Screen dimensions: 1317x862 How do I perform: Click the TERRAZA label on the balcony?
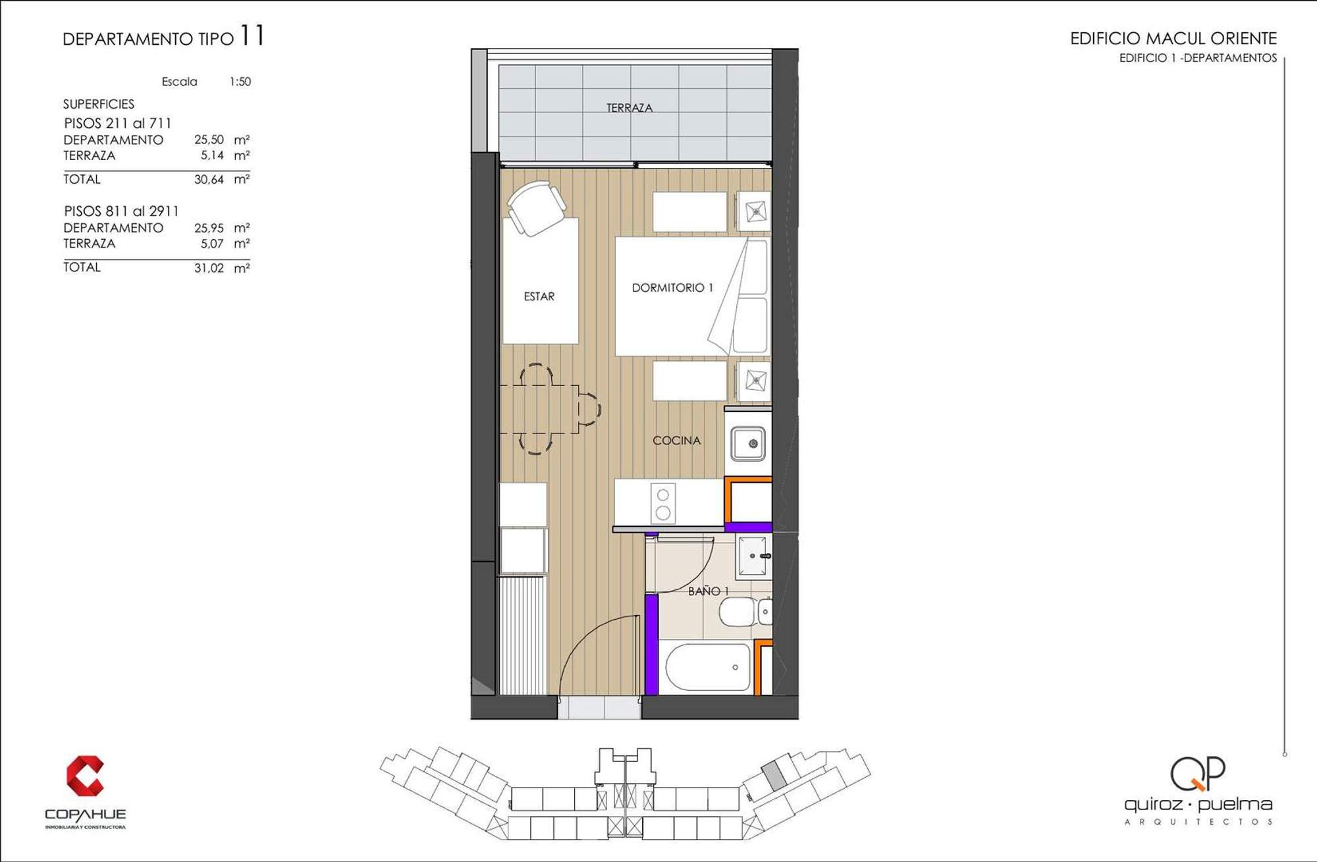tap(630, 108)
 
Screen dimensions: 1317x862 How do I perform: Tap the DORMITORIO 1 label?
tap(672, 288)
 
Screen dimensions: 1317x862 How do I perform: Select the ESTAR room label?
tap(539, 297)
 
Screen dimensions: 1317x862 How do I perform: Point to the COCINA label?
tap(676, 441)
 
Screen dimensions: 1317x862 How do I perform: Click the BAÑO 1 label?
tap(708, 591)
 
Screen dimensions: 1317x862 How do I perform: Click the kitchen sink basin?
tap(748, 443)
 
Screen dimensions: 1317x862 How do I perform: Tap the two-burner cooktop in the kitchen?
tap(663, 503)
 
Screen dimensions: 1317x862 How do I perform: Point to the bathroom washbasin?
tap(753, 556)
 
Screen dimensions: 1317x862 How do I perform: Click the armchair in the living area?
tap(536, 207)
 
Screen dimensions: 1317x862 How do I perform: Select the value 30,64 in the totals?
tap(209, 179)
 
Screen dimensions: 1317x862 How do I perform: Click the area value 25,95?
tap(209, 228)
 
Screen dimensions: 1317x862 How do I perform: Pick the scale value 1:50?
tap(240, 82)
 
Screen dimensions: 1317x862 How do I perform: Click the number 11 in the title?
tap(252, 35)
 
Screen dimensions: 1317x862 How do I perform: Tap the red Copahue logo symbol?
tap(85, 775)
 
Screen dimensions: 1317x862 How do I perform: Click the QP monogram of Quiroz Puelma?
tap(1198, 774)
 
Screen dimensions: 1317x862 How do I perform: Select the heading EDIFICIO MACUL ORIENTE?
tap(1173, 38)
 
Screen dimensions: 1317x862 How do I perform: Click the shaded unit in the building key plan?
tap(774, 775)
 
